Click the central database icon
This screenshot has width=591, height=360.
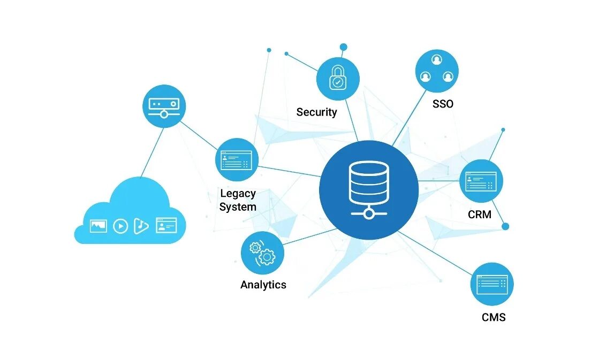point(368,190)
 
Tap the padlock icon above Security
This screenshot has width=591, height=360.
point(337,79)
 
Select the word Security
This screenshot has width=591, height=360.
point(316,112)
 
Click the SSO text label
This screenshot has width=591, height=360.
point(443,104)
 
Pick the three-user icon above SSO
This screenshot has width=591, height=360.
point(437,71)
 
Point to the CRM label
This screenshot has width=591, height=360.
point(479,215)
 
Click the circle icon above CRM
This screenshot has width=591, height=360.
point(481,181)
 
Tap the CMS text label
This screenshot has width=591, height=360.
point(493,317)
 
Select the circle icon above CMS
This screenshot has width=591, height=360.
point(491,284)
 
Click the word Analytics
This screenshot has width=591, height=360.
point(263,285)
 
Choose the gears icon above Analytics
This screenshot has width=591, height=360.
point(262,253)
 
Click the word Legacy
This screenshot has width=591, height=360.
point(238,193)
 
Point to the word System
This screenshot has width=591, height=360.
point(238,207)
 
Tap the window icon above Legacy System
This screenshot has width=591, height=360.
point(237,159)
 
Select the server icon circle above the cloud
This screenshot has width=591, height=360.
point(164,106)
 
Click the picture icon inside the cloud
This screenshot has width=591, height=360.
point(98,226)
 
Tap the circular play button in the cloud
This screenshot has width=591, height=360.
point(120,226)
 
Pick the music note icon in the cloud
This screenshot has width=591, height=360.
point(141,226)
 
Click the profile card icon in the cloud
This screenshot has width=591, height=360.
point(166,225)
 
